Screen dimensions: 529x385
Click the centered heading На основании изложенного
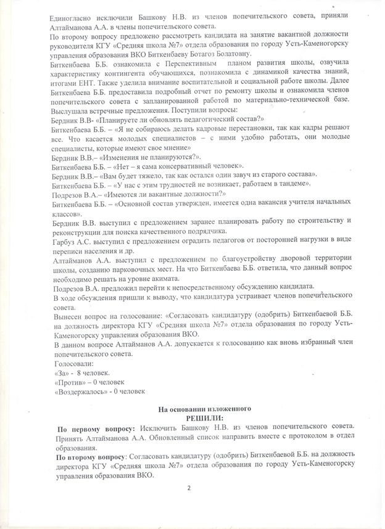tap(203, 409)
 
